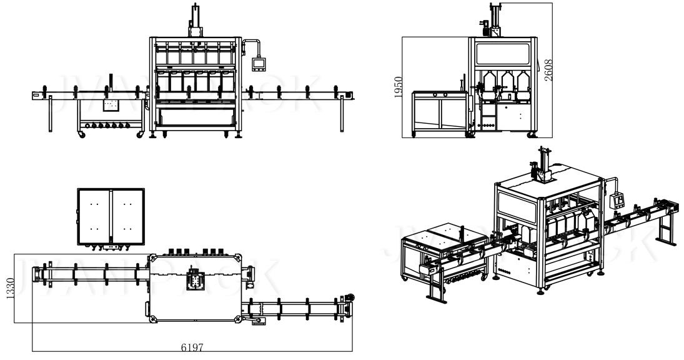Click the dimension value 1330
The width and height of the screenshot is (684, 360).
[x=9, y=288]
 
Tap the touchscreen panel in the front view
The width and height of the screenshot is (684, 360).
[x=259, y=63]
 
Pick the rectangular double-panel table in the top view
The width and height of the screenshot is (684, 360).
[x=111, y=215]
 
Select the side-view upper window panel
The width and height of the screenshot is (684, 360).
[x=503, y=52]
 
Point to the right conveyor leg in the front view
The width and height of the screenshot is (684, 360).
[x=342, y=115]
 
